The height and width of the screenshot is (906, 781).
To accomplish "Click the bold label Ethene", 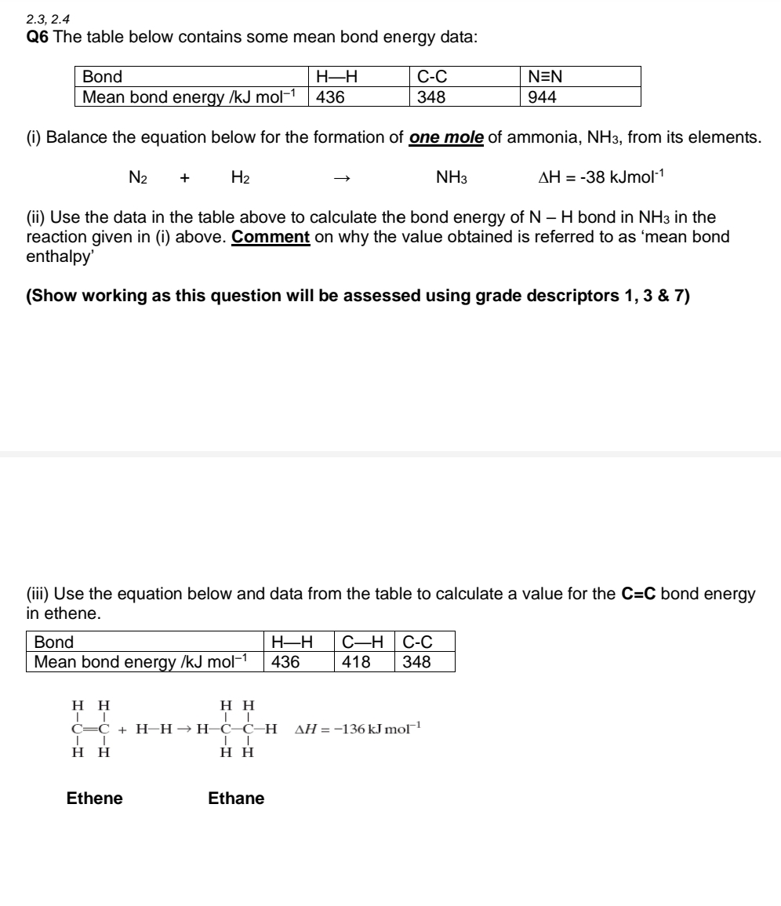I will coord(94,799).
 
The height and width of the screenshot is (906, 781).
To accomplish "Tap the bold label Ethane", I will coord(236,799).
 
